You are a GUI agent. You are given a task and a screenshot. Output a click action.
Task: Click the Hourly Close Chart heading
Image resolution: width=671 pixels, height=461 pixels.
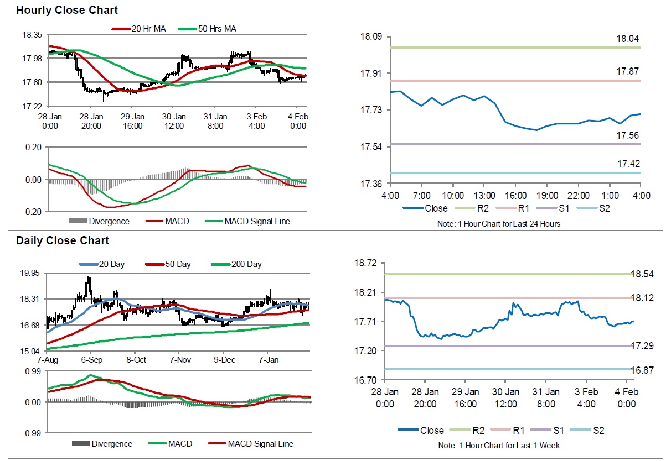(66, 10)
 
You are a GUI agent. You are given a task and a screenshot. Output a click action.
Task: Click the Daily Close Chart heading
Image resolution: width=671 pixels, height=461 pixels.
(63, 240)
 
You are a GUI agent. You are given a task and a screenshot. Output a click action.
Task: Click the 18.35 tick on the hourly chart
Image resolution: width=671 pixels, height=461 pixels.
(32, 35)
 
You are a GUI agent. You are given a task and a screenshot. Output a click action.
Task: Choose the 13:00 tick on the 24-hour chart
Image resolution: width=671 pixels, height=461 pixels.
(484, 196)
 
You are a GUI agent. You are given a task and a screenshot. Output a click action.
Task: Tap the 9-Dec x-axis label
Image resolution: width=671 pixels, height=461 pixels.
(224, 359)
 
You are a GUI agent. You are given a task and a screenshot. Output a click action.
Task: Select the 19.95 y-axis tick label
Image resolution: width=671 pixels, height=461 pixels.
(32, 273)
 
